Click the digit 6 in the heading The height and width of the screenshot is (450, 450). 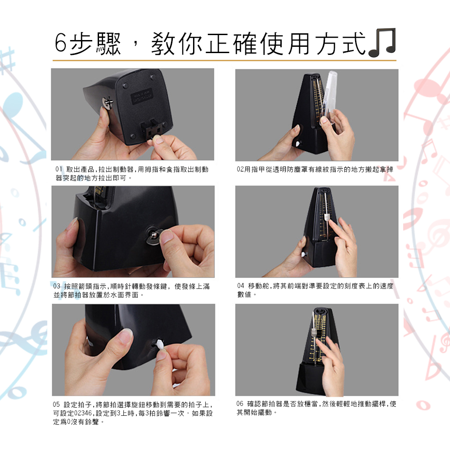point(61,43)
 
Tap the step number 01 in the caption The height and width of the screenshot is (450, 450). point(59,169)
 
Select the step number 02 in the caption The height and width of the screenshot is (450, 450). point(240,169)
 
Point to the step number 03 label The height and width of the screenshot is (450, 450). point(57,286)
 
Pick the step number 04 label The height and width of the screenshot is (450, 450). point(240,286)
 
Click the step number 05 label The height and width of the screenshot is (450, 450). point(56,405)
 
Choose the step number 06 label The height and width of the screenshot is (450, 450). point(240,404)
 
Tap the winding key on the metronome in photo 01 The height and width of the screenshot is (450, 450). point(108,103)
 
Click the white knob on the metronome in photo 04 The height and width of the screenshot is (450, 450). point(304,254)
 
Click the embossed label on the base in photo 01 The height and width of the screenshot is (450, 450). point(141,96)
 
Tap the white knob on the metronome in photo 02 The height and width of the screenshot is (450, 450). point(298,143)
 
